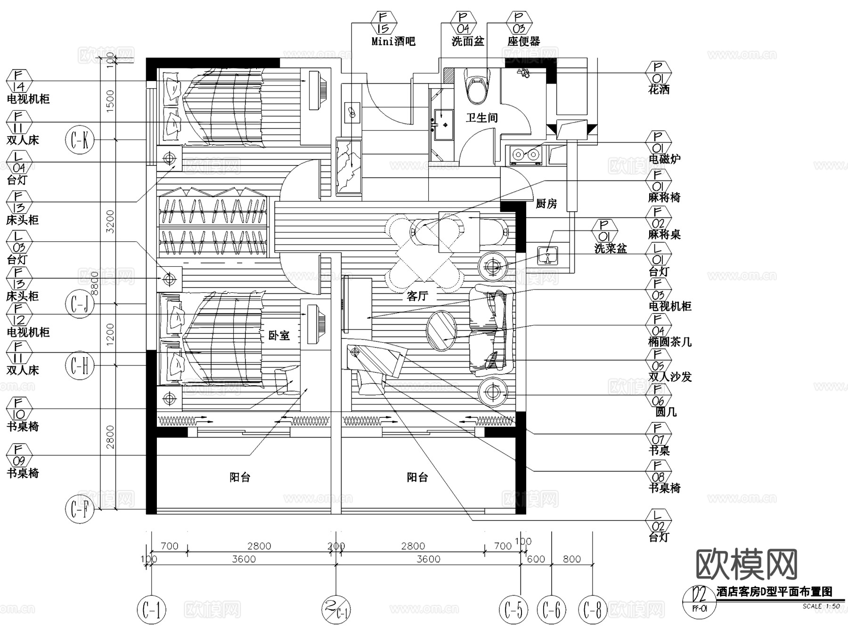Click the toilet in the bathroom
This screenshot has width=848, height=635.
(477, 86)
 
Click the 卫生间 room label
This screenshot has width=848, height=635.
(481, 117)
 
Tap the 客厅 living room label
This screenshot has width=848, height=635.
(417, 296)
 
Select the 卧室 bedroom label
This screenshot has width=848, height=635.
(279, 335)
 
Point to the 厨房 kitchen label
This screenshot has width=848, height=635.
(546, 204)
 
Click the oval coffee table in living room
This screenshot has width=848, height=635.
(441, 331)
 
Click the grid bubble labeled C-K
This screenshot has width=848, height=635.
(80, 140)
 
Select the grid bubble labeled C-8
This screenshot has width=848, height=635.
(592, 610)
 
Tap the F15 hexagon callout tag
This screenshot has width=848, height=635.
(384, 23)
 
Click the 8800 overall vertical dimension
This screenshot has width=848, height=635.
(95, 283)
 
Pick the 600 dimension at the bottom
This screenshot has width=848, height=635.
(536, 559)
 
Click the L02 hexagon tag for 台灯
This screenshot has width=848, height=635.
(658, 520)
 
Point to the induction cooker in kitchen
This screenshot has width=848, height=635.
(525, 154)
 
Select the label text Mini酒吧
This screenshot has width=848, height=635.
(393, 41)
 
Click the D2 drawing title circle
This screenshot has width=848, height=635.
(699, 601)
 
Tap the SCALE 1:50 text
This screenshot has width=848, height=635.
(821, 606)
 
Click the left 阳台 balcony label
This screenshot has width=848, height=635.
(240, 478)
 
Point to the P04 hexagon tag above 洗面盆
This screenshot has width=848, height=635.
(464, 23)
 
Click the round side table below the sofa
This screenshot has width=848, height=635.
(493, 392)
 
